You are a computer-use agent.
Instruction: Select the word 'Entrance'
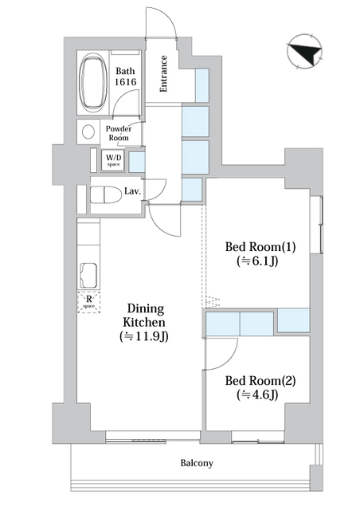pyautogui.click(x=163, y=73)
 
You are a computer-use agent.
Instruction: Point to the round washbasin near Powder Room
pyautogui.click(x=87, y=132)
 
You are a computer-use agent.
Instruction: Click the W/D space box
pyautogui.click(x=114, y=160)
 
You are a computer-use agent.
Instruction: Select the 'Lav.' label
pyautogui.click(x=133, y=191)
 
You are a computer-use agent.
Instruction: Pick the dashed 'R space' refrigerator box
pyautogui.click(x=88, y=302)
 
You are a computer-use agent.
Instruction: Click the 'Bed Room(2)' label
pyautogui.click(x=259, y=381)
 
